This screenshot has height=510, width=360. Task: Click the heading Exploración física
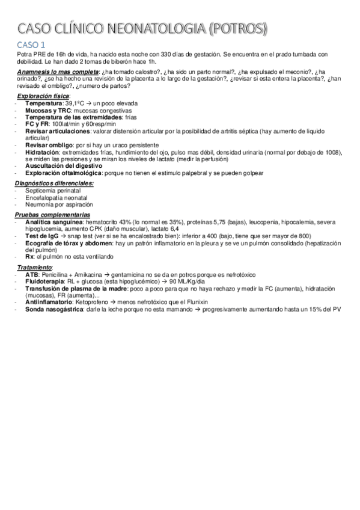click(43, 96)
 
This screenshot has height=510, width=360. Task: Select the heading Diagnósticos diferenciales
click(55, 182)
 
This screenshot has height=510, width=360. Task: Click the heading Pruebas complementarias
click(53, 215)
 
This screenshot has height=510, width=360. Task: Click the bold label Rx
click(29, 256)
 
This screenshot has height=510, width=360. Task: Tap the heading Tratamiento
click(34, 267)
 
